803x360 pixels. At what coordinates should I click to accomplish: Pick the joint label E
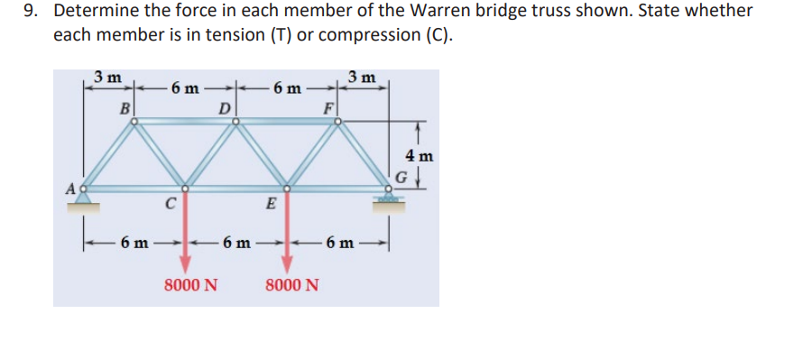(x=270, y=203)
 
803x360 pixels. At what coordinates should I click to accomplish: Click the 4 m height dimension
(x=420, y=155)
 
